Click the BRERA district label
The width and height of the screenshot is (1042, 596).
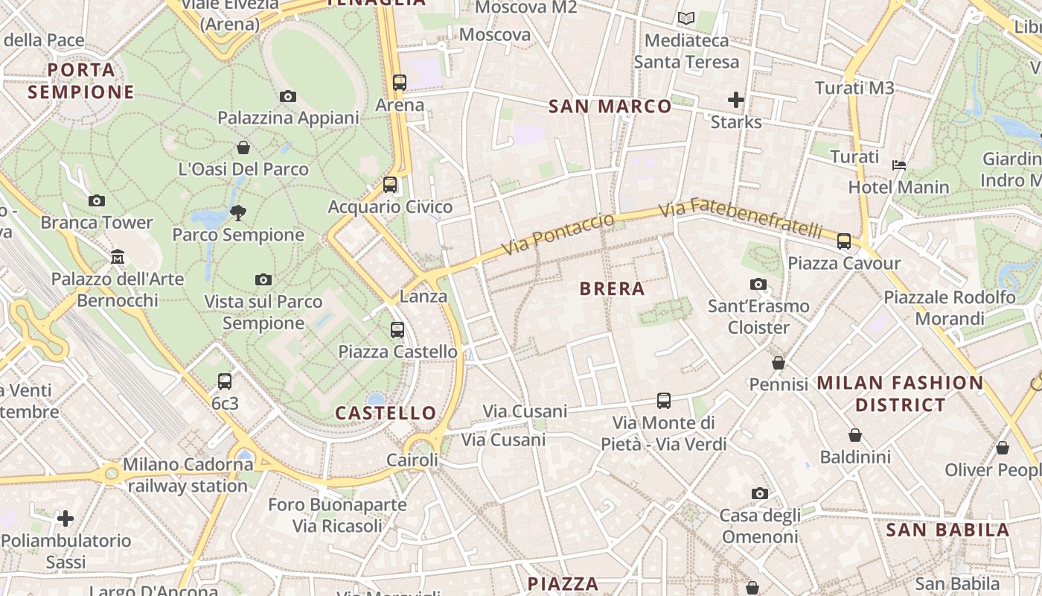coord(612,289)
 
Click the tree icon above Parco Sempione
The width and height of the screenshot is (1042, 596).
coord(238,213)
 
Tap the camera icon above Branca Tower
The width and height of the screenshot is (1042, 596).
coord(97,200)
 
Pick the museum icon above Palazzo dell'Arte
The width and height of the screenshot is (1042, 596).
coord(118,257)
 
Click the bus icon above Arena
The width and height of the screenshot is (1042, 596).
coord(400,82)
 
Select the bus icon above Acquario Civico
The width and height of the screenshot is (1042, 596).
coord(390,184)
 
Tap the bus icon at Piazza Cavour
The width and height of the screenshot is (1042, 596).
coord(843,241)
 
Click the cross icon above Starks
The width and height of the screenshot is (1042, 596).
coord(736,99)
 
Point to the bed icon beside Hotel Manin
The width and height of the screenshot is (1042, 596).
coord(899,165)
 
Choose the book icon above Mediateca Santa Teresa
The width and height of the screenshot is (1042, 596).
coord(685,18)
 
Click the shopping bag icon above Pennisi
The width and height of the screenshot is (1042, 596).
coord(779,363)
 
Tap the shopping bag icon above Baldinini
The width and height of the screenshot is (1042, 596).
coord(855,434)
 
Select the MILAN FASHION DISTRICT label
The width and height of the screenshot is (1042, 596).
coord(901,394)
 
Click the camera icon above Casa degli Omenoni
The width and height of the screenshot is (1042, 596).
coord(760,493)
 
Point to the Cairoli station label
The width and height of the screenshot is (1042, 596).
coord(412,460)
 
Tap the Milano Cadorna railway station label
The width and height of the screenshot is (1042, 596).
coord(188,475)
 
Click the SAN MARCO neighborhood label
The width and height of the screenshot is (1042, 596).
coord(610,107)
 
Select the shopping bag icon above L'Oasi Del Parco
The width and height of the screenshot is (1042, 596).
coord(243,148)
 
